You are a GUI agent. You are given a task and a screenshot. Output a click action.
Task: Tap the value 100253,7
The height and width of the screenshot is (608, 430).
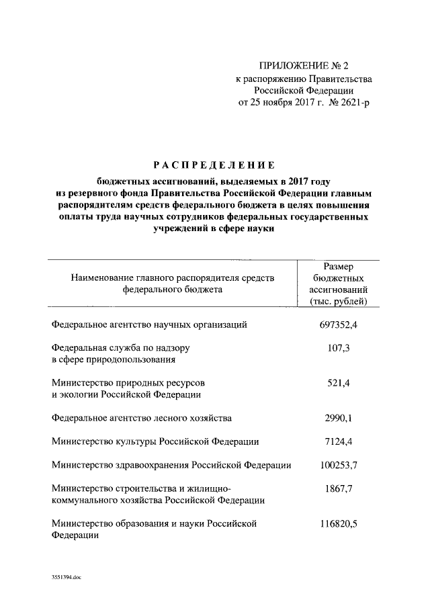(x=339, y=465)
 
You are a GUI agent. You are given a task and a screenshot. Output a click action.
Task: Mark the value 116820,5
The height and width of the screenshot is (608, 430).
(x=339, y=523)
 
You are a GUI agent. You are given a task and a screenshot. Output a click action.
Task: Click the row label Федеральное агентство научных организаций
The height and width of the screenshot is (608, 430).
(x=150, y=324)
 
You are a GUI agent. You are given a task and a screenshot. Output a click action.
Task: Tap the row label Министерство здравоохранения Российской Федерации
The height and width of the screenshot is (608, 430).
(x=171, y=465)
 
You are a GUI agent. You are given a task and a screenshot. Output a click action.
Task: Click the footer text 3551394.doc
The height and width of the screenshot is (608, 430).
(x=65, y=577)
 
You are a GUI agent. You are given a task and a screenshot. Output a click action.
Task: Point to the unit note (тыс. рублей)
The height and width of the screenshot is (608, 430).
(x=339, y=301)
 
